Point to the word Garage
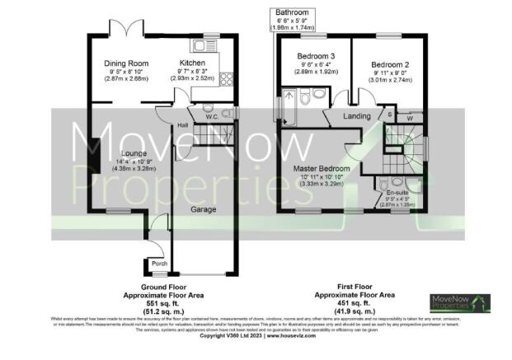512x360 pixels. point(204,210)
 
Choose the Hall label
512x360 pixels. point(182,125)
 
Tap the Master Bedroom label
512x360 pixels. point(322,169)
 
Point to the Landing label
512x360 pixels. point(355,116)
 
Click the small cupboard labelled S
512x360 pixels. point(390,115)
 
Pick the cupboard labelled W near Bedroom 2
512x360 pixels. point(410,118)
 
